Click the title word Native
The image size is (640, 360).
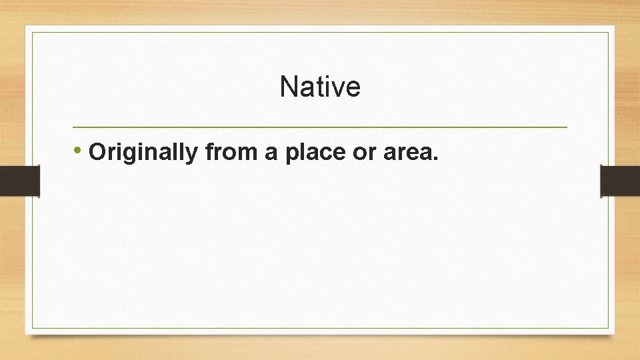click(x=320, y=87)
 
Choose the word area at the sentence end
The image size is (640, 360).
click(x=409, y=153)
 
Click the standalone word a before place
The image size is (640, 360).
click(x=271, y=153)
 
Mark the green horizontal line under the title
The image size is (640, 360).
click(x=320, y=127)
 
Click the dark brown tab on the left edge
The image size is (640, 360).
click(x=19, y=181)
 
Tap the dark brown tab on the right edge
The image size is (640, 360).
click(x=620, y=181)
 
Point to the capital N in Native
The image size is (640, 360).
click(x=288, y=87)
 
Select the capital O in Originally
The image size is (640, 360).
click(x=97, y=153)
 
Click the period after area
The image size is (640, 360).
click(x=436, y=159)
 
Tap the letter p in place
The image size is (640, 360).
click(x=292, y=155)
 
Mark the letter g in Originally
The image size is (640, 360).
click(x=132, y=155)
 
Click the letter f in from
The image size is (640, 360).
click(x=209, y=152)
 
